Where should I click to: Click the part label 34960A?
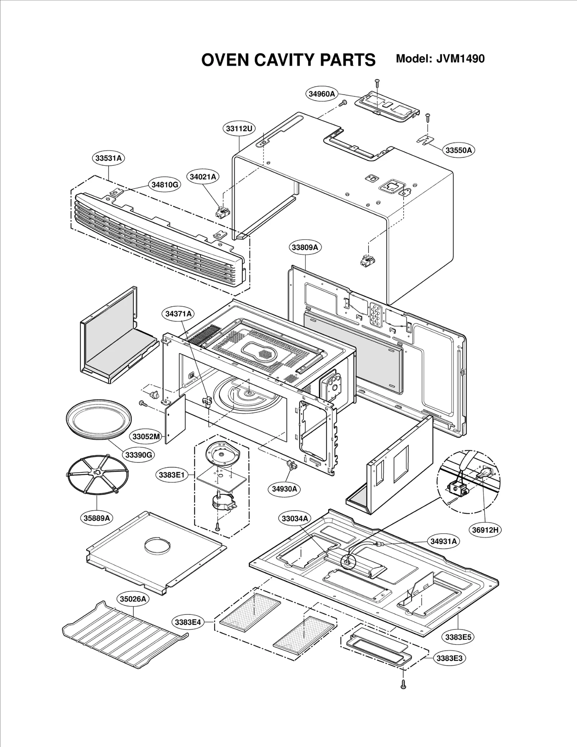coord(321,94)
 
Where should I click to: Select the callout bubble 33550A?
coord(458,150)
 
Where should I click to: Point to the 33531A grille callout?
coord(108,158)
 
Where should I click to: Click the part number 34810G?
coord(164,184)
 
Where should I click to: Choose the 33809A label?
coord(305,248)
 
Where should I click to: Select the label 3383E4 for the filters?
coord(188,622)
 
